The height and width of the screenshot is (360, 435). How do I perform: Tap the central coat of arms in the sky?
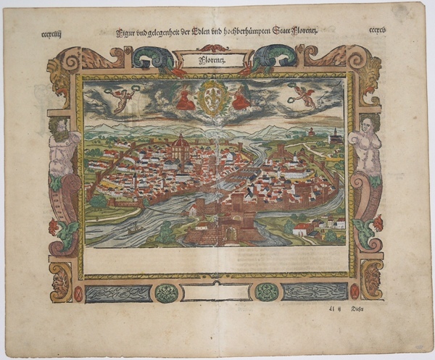[x=212, y=99]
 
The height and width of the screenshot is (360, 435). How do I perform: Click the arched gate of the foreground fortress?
[x=231, y=233]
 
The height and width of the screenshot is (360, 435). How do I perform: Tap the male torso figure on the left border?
[x=64, y=148]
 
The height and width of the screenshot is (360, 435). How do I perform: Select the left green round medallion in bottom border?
[x=167, y=293]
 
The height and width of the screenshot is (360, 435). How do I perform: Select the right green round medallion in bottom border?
[x=266, y=292]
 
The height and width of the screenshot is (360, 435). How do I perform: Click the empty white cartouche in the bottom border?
[x=216, y=293]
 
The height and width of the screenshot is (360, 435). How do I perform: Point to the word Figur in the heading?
[x=125, y=32]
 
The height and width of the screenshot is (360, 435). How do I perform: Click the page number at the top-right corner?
[x=381, y=31]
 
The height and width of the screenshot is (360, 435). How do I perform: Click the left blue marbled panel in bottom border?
[x=119, y=293]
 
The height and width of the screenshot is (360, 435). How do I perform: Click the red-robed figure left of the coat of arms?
[x=186, y=99]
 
